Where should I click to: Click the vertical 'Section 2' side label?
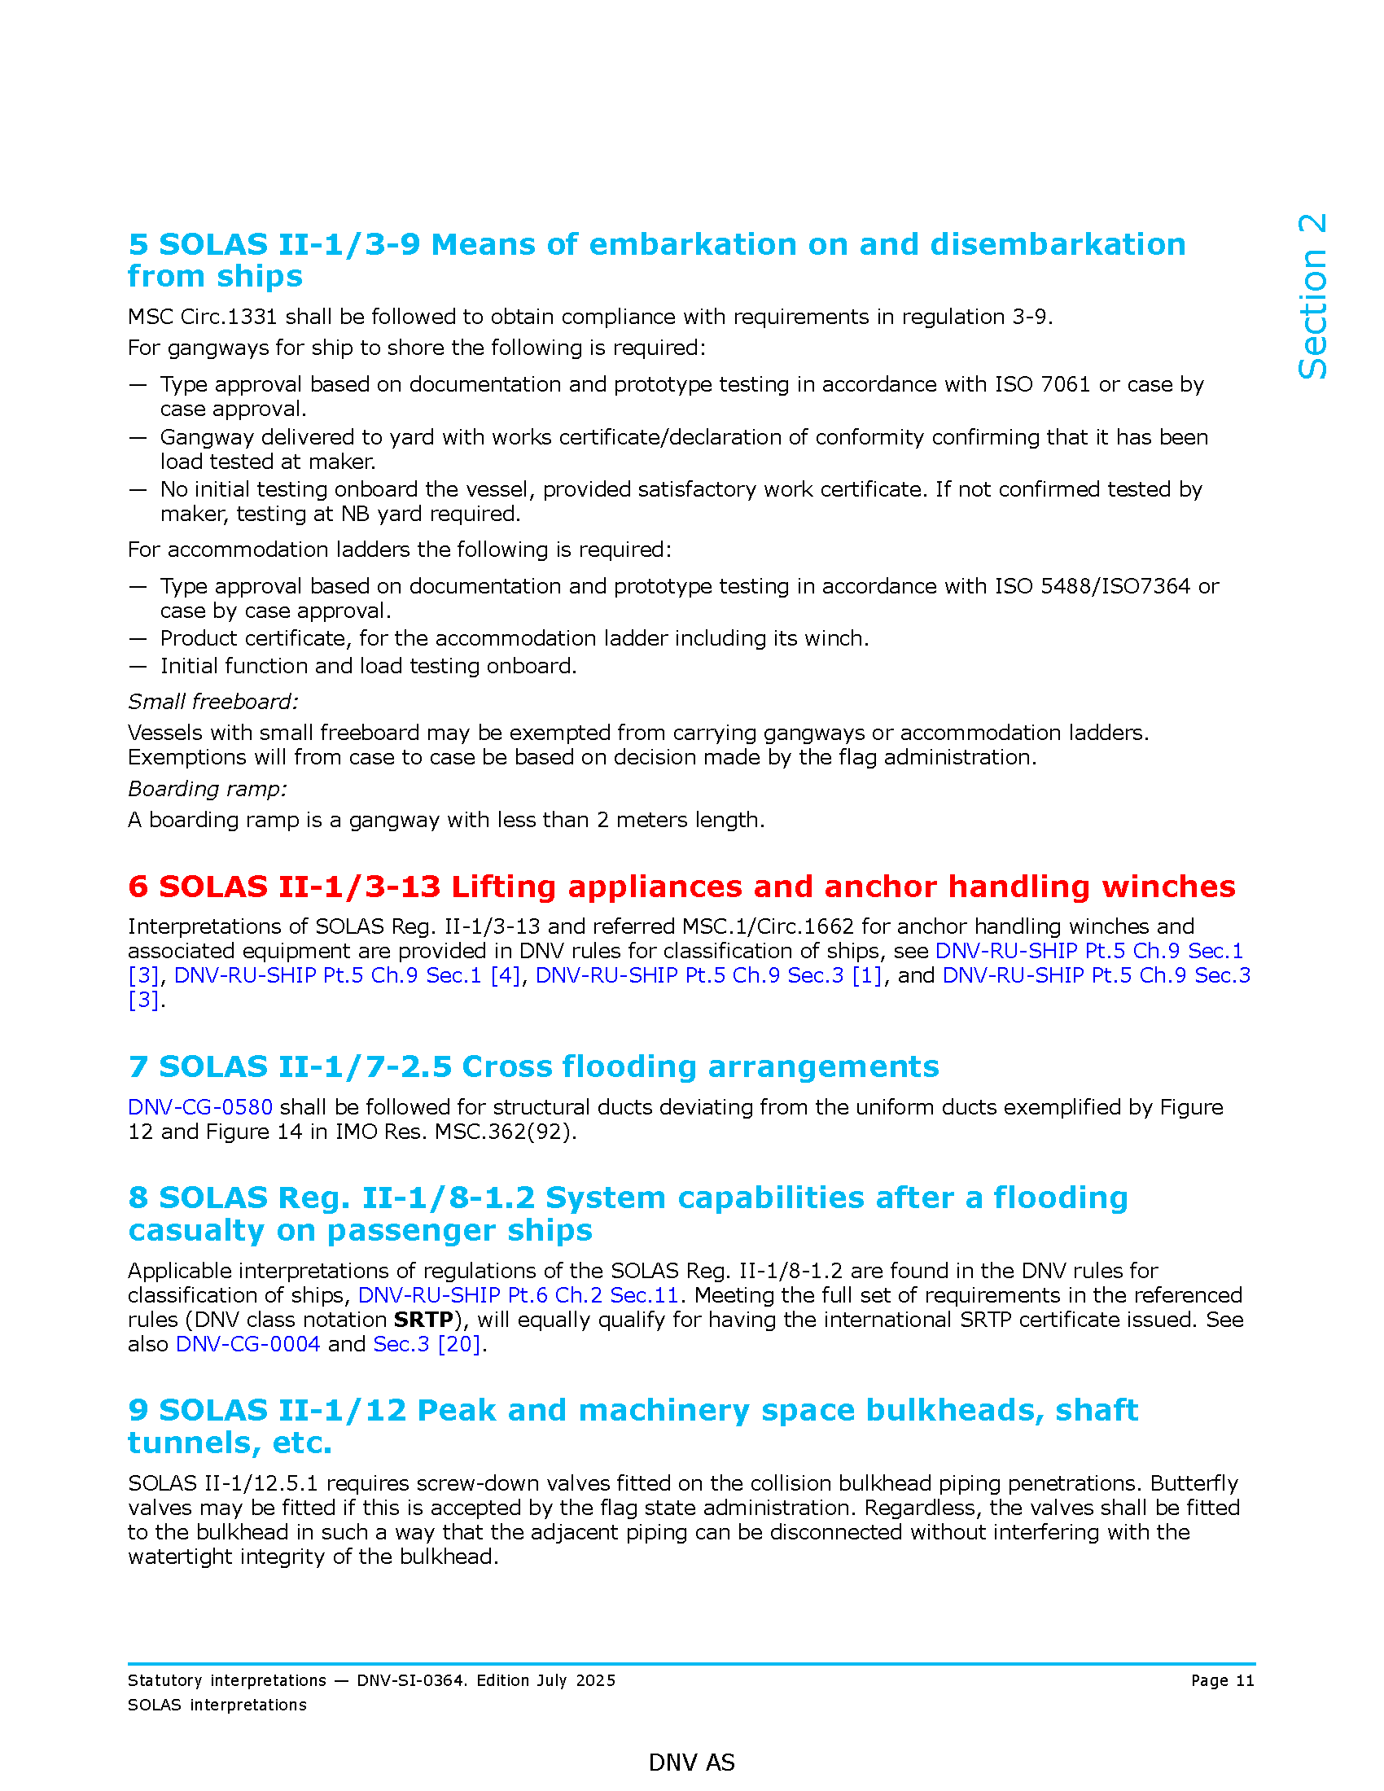point(1312,297)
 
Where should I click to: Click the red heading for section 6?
point(681,887)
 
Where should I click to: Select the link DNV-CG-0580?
point(200,1107)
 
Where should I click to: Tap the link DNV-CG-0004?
point(247,1344)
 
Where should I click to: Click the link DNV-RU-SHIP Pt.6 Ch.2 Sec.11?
point(518,1295)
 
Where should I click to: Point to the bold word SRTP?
point(423,1320)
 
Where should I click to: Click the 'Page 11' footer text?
point(1223,1680)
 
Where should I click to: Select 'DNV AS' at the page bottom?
point(691,1763)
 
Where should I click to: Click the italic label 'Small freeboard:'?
point(213,702)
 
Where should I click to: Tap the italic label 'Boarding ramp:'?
point(208,789)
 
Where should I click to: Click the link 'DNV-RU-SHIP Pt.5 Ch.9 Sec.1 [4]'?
point(348,975)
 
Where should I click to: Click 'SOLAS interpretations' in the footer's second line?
point(217,1705)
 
